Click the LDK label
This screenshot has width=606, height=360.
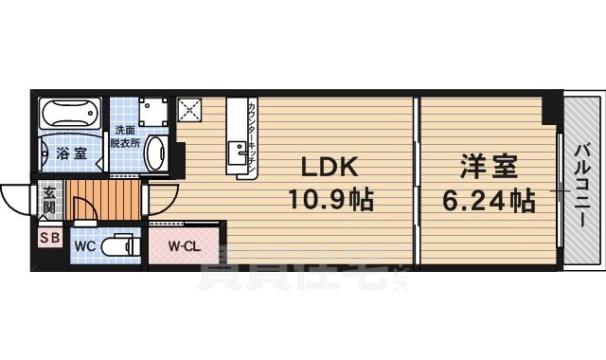click(x=329, y=168)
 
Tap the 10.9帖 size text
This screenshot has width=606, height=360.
click(x=329, y=200)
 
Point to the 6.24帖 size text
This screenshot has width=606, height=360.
click(x=489, y=200)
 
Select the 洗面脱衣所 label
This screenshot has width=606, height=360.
click(x=127, y=136)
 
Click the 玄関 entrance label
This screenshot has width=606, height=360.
click(x=49, y=199)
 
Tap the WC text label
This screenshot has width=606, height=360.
click(x=83, y=248)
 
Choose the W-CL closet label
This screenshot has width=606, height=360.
click(x=184, y=248)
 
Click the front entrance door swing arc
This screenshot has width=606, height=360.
click(x=15, y=195)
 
